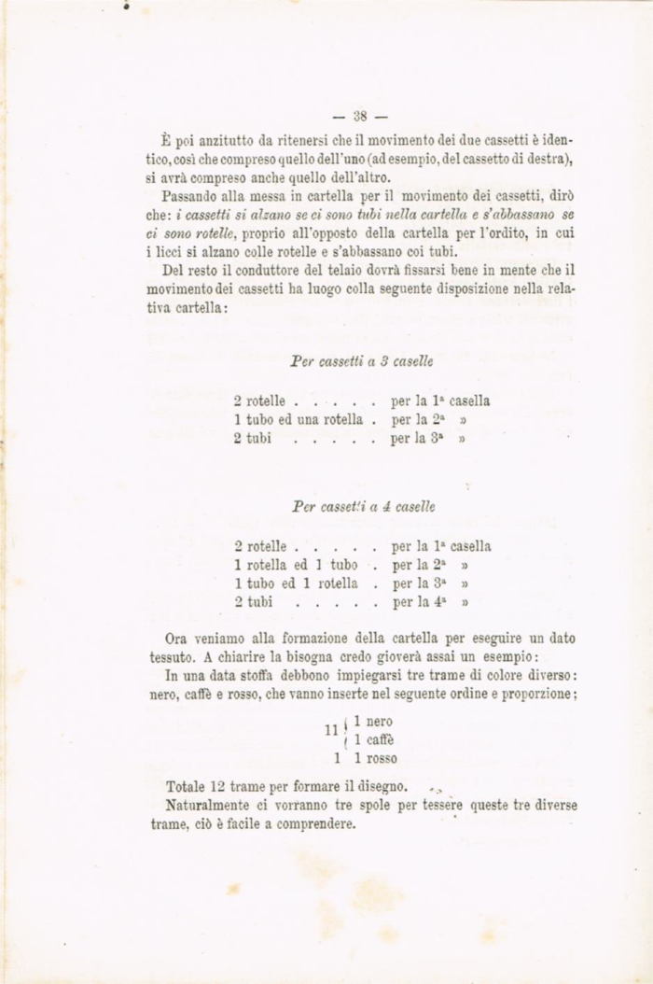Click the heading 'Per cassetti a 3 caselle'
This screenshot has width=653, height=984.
[361, 359]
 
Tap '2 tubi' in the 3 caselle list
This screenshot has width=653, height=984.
[253, 438]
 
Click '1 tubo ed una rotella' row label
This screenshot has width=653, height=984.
[298, 419]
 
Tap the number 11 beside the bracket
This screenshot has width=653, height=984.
[329, 729]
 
